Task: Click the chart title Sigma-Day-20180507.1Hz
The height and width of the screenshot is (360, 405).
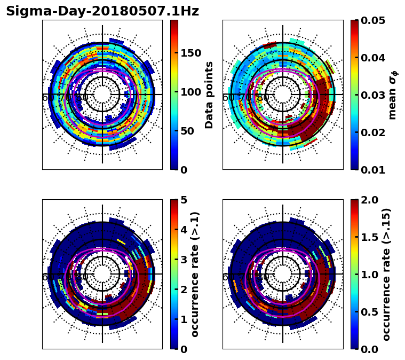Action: (102, 11)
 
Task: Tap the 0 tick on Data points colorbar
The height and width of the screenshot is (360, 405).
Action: (183, 170)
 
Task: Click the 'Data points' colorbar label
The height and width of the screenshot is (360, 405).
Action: (209, 95)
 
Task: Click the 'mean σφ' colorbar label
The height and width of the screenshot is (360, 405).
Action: (393, 95)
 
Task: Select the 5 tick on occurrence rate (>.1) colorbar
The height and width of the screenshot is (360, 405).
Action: (183, 200)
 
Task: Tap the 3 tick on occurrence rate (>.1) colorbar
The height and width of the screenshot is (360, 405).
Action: (183, 260)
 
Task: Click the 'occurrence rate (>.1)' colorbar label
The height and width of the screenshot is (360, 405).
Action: (195, 274)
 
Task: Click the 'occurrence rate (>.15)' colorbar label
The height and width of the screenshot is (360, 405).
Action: (387, 274)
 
